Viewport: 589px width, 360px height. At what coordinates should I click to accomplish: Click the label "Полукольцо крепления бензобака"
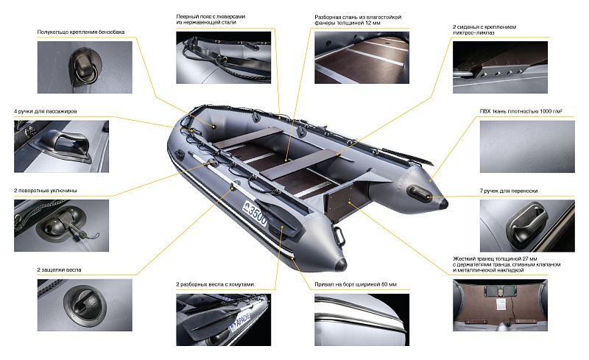coord(81,32)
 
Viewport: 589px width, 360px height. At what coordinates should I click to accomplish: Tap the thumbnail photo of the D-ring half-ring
coord(85,67)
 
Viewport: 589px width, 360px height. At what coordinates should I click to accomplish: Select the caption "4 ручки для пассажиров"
coord(46,111)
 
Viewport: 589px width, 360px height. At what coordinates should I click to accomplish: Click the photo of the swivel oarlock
coord(61,225)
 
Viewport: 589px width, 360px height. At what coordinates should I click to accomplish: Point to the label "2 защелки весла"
coord(59,269)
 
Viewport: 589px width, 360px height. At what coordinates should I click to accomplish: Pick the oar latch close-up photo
coord(85,305)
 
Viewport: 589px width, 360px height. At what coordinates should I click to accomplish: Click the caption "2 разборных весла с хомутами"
coord(215,284)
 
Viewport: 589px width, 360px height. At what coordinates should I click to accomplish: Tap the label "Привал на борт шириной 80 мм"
coord(356,284)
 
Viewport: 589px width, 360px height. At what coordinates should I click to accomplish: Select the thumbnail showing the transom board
coord(500,305)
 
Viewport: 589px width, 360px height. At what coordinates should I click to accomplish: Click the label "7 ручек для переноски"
coord(509,191)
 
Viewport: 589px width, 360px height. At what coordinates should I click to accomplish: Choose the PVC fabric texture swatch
coord(527,147)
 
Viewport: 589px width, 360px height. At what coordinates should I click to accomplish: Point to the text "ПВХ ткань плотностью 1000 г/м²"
coord(521,111)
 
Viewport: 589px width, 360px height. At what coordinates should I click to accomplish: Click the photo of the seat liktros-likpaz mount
coord(500,67)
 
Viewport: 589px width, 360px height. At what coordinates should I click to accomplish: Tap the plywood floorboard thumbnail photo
coord(361,57)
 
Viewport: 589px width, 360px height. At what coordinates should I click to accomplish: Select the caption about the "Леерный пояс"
coord(211,20)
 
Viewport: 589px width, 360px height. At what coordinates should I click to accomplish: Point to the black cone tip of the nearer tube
coord(341,264)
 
